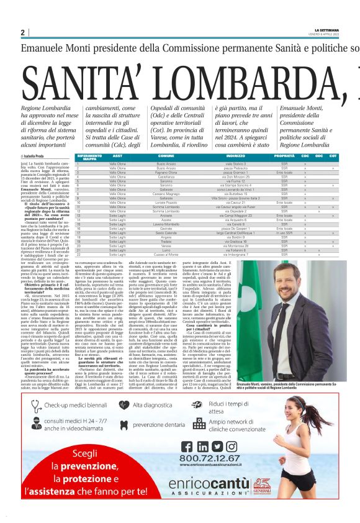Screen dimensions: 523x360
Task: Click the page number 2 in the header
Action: pyautogui.click(x=23, y=32)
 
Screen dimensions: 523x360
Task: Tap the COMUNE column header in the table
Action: pyautogui.click(x=166, y=155)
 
